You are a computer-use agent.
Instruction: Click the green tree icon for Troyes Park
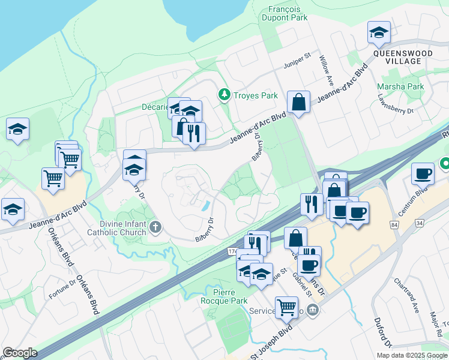pyautogui.click(x=224, y=95)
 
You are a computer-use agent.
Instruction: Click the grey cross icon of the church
pyautogui.click(x=155, y=226)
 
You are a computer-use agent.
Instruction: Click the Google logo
pyautogui.click(x=20, y=352)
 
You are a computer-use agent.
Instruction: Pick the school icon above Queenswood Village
pyautogui.click(x=379, y=33)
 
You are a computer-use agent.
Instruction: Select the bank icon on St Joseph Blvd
pyautogui.click(x=313, y=310)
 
